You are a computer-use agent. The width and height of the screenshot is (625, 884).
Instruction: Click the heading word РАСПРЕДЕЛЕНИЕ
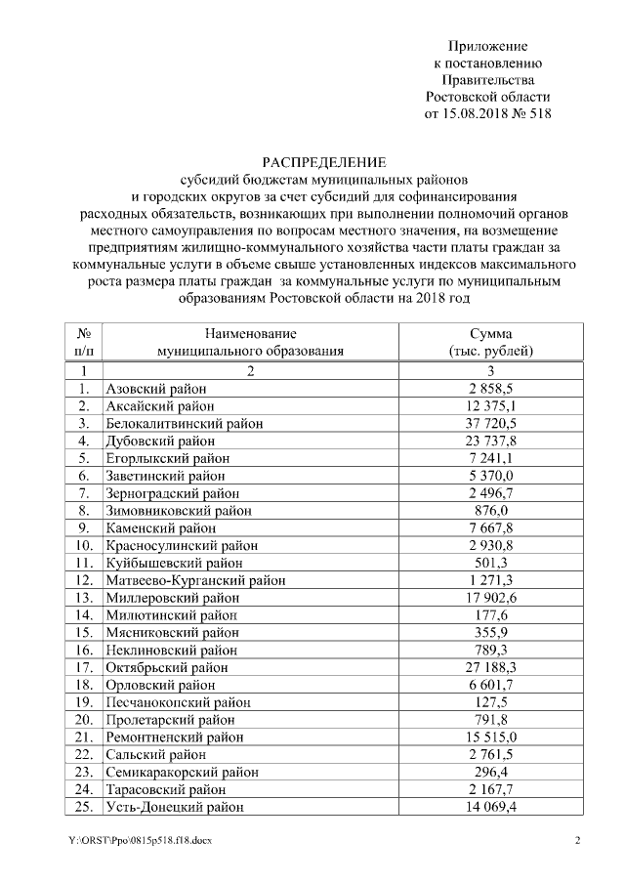[x=323, y=162]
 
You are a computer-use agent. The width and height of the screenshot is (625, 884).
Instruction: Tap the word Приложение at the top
[x=487, y=46]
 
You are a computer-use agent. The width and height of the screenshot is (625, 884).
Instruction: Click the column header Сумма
[x=490, y=334]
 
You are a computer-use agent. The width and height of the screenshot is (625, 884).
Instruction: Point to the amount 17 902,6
[x=491, y=598]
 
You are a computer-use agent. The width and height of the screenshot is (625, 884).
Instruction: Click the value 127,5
[x=491, y=702]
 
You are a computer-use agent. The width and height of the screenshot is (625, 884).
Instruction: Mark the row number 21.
[x=84, y=737]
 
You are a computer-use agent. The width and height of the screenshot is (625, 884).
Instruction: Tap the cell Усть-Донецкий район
[x=175, y=807]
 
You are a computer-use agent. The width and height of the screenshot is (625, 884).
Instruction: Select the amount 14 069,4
[x=491, y=807]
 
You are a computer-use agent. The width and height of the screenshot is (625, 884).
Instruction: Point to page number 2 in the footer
[x=576, y=841]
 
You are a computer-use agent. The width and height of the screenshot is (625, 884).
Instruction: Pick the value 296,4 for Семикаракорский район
[x=491, y=772]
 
